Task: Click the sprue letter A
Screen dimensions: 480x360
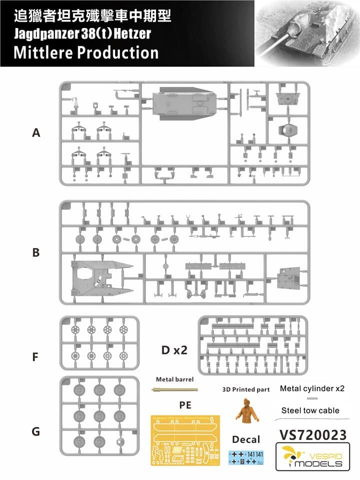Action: pos(35,133)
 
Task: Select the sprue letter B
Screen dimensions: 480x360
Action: pos(35,252)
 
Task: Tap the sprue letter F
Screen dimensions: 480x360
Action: pos(35,357)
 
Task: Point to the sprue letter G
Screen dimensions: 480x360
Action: pos(35,431)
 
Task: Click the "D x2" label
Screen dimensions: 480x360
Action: pos(174,350)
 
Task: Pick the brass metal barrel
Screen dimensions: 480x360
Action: pos(174,389)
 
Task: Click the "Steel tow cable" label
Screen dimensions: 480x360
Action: pos(310,410)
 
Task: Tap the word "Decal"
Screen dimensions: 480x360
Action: pos(246,439)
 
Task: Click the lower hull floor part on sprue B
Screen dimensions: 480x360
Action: pos(100,279)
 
